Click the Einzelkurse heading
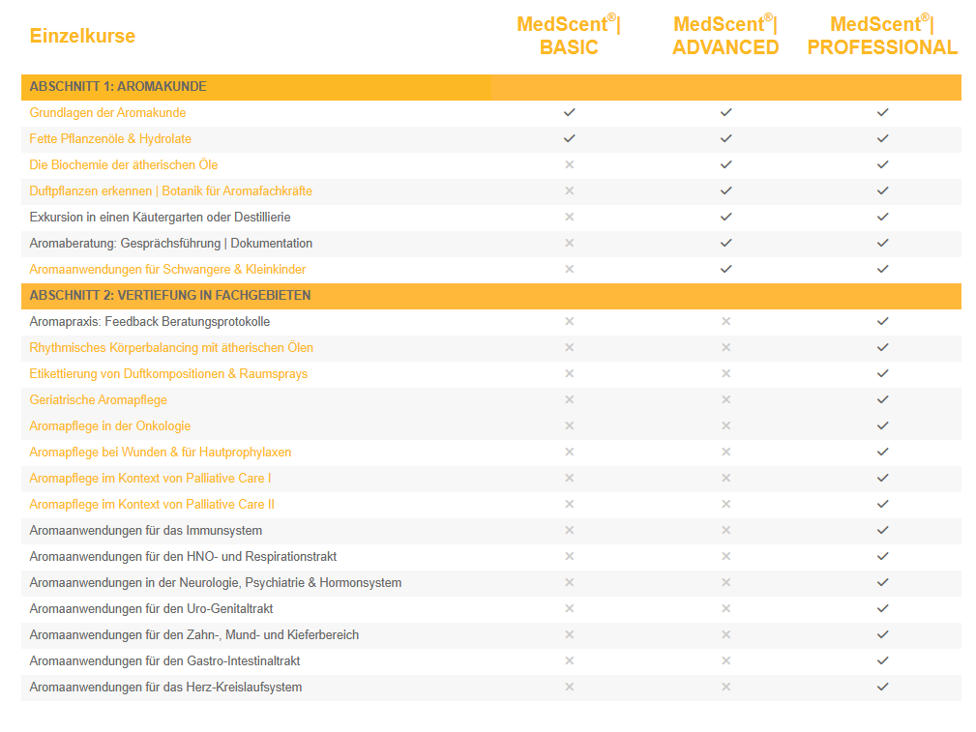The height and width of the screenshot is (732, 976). click(x=82, y=37)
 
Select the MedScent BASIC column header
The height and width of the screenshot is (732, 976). click(x=569, y=37)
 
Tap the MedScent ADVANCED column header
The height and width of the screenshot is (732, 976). click(x=725, y=37)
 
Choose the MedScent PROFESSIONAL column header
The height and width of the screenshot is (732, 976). click(x=882, y=37)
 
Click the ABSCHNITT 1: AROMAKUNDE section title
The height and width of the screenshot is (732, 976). click(x=118, y=87)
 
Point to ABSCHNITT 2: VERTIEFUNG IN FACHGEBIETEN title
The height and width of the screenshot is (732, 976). click(x=170, y=295)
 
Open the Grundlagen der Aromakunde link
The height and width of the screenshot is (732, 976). click(x=107, y=113)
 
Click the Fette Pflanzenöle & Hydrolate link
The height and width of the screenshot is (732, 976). click(x=110, y=139)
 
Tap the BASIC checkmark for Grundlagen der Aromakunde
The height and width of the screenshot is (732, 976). click(x=569, y=113)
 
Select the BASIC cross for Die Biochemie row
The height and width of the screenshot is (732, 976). click(x=569, y=165)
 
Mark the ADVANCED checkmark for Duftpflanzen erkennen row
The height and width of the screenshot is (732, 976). click(x=725, y=191)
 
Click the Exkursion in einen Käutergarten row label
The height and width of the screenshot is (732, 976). click(x=160, y=218)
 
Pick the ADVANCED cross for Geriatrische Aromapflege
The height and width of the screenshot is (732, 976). click(x=725, y=400)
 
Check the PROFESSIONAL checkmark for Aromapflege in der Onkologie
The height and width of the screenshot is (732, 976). click(x=882, y=426)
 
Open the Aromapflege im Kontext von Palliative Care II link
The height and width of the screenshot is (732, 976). click(x=152, y=505)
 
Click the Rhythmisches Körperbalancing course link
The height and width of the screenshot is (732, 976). click(x=171, y=348)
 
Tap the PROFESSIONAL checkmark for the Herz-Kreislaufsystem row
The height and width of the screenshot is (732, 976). click(x=882, y=688)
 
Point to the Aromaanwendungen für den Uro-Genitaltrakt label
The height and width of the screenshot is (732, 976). click(x=152, y=609)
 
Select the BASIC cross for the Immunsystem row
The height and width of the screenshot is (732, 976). click(x=569, y=531)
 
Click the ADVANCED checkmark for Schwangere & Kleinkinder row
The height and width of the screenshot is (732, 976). click(x=725, y=270)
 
